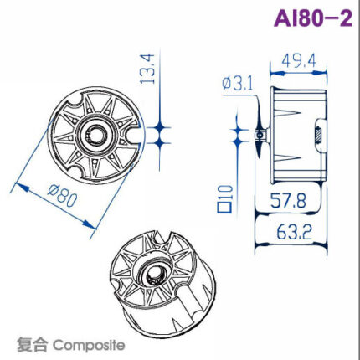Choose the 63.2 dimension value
tap(285, 229)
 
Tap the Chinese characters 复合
tap(29, 344)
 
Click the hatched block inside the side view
tap(318, 132)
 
